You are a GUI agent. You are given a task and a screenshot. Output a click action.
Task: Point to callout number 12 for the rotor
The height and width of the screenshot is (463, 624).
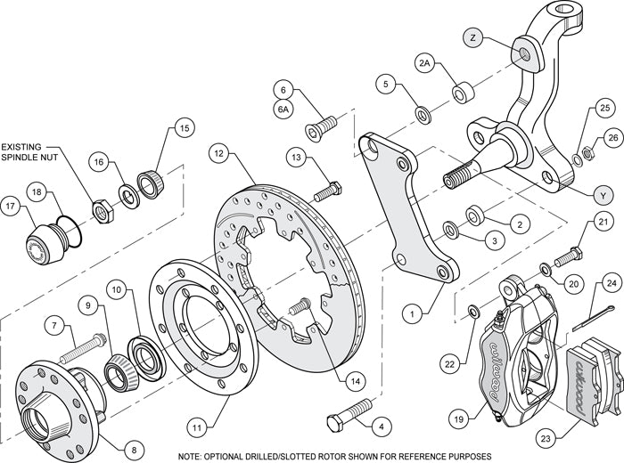219,152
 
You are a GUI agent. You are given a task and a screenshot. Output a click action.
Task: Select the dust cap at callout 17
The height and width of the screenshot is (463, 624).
45,242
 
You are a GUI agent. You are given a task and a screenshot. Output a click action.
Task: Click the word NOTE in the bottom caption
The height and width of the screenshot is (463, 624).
195,454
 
